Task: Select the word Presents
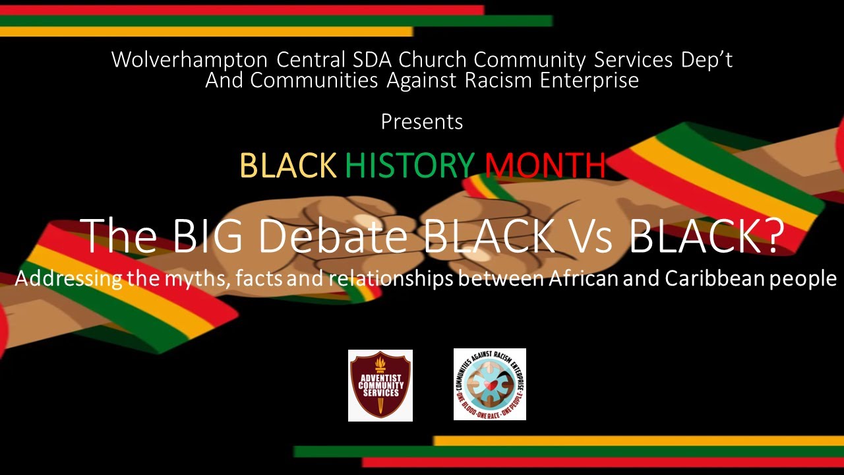(422, 122)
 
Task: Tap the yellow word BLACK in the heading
(288, 166)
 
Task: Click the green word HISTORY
(409, 166)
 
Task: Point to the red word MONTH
(545, 166)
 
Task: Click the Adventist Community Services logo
(380, 385)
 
